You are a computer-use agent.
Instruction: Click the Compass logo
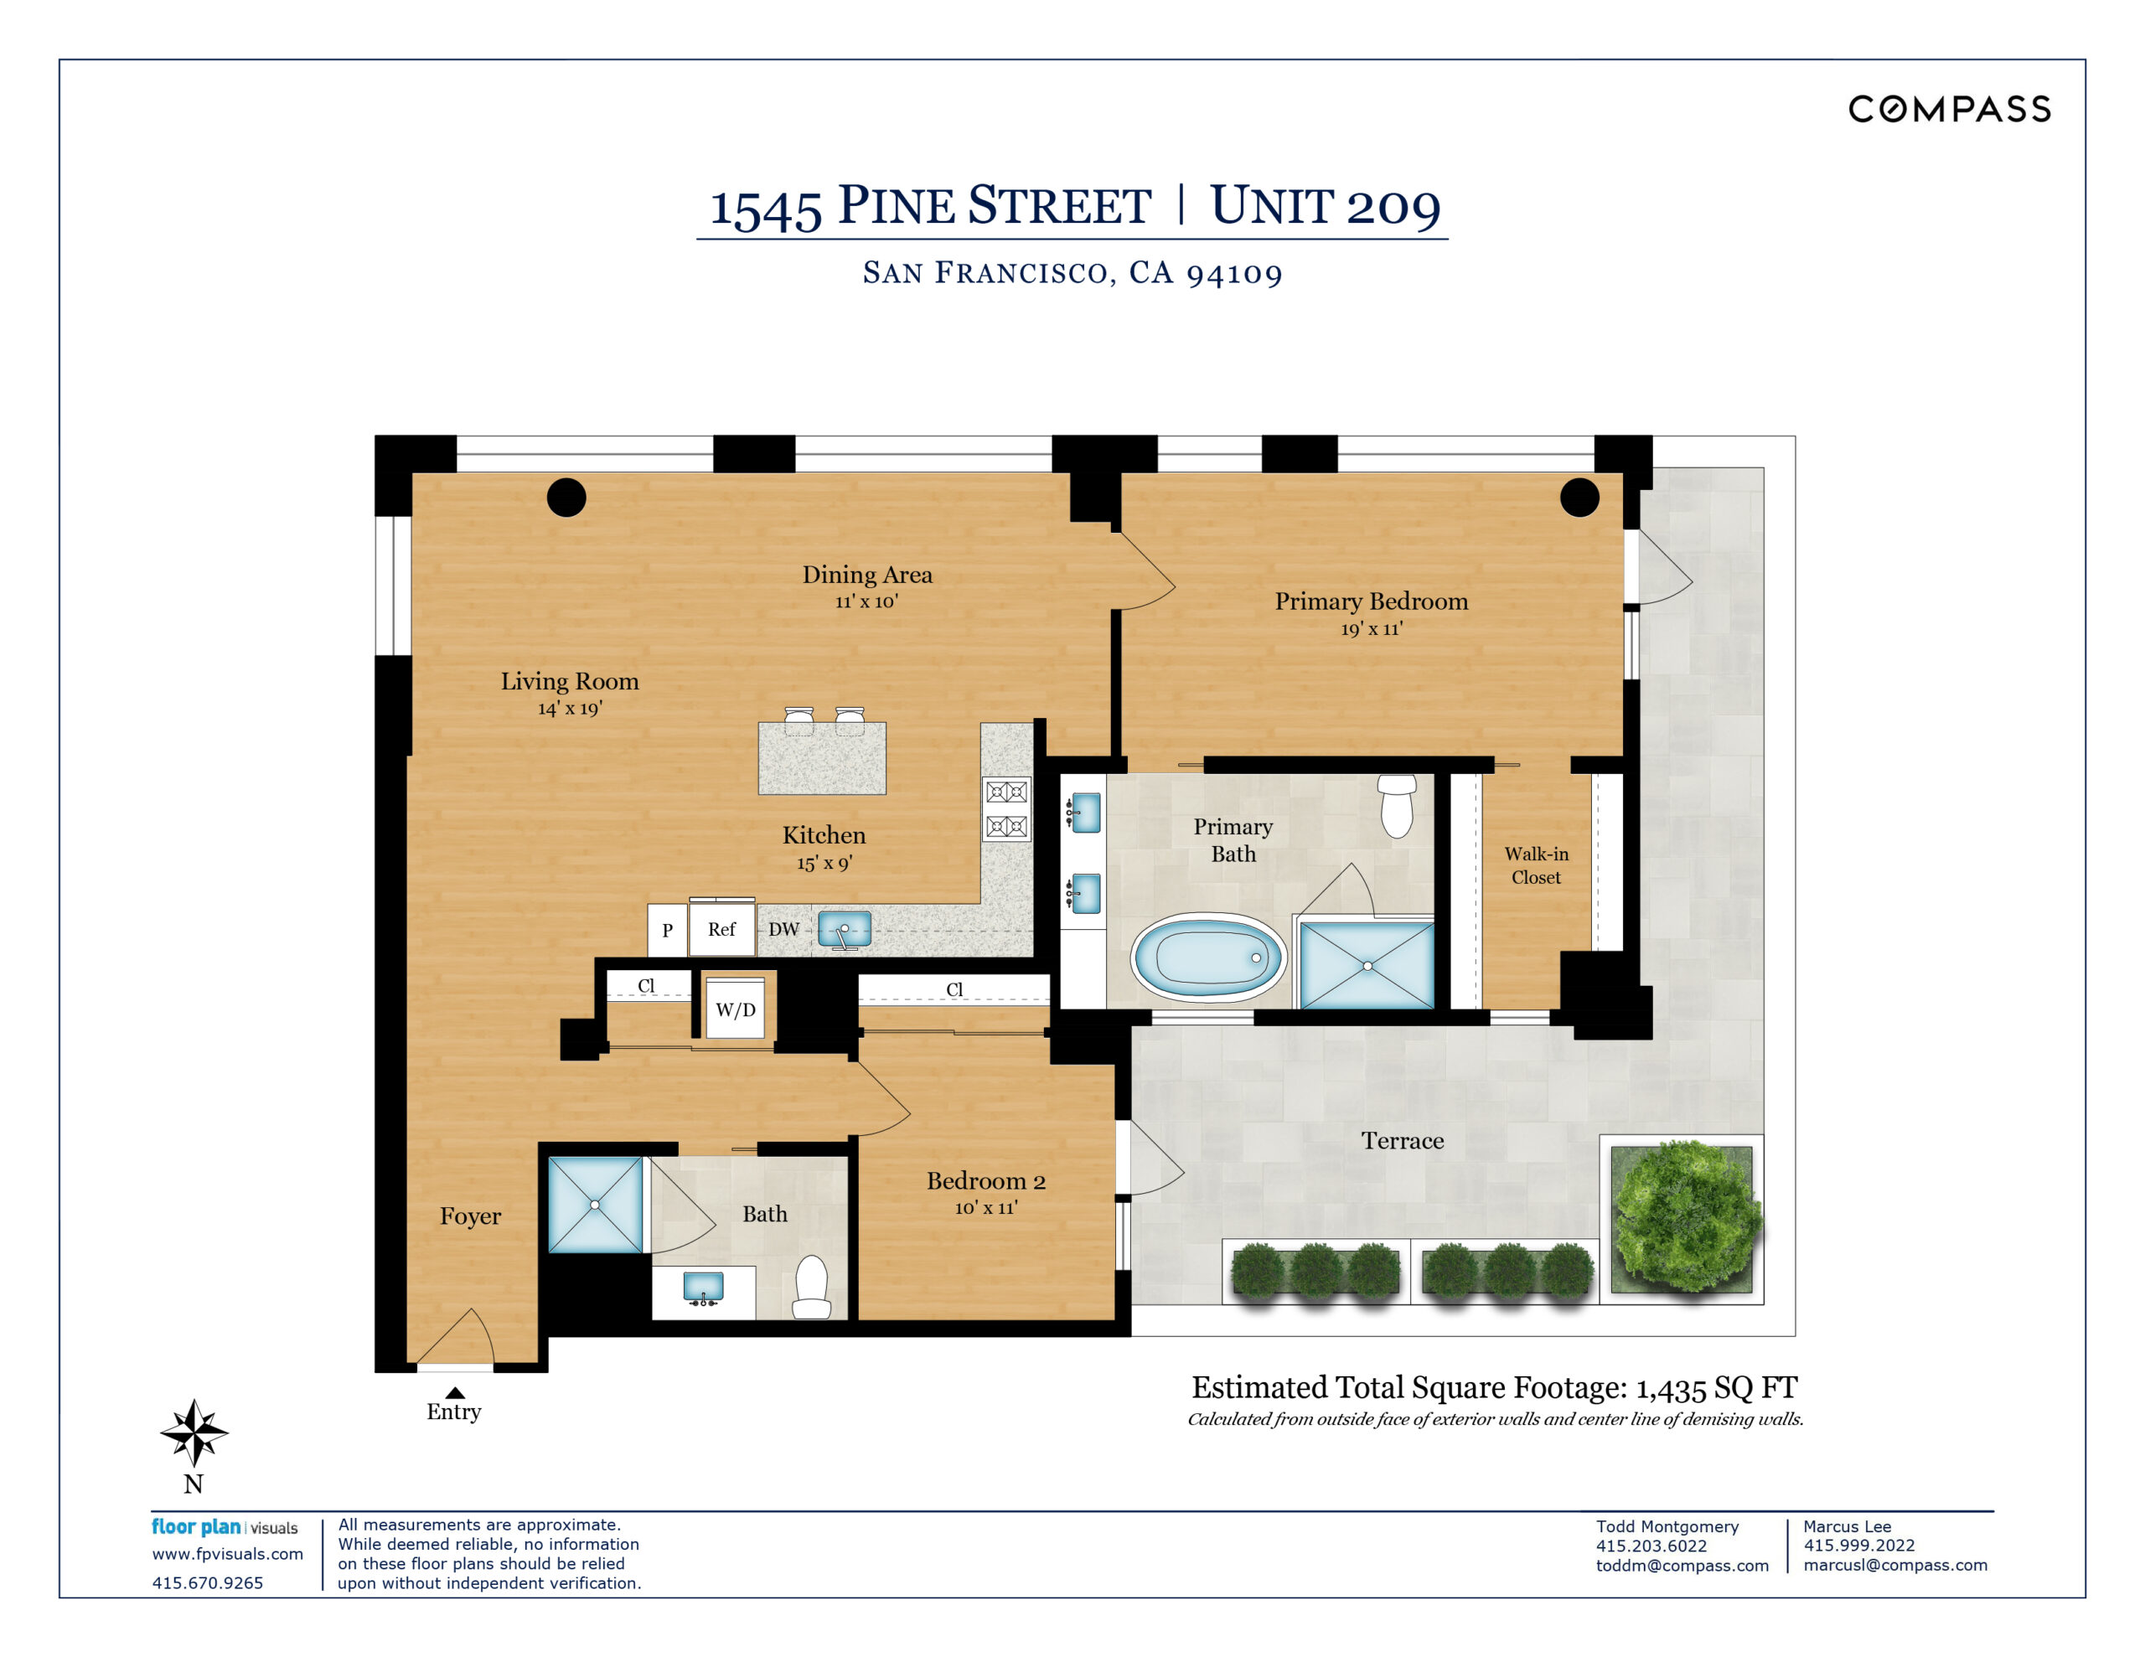pos(1949,109)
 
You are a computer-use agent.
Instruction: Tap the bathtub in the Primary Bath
pos(1207,958)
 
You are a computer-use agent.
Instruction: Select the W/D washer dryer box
pos(736,1009)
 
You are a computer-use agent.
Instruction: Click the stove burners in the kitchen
pos(1006,808)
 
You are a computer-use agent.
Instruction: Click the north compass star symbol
pos(194,1432)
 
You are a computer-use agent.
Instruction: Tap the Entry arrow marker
pos(455,1391)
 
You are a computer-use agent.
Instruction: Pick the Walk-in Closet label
pos(1536,865)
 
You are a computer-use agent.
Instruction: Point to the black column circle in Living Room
pos(566,497)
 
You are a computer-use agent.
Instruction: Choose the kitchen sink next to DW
pos(844,929)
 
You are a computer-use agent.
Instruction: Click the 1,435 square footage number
pos(1670,1389)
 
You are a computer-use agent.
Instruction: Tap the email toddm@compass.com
pos(1682,1565)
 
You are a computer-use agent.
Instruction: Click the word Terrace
pos(1402,1140)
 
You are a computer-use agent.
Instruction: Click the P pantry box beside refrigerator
pos(667,930)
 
